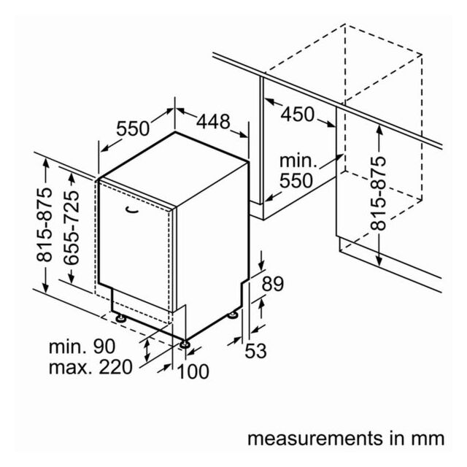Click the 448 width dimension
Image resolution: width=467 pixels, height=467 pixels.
coord(213,122)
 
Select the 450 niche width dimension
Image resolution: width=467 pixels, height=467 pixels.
coord(297,115)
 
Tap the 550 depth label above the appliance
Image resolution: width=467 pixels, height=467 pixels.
coord(133,128)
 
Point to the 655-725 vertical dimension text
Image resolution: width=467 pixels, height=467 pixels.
coord(72,228)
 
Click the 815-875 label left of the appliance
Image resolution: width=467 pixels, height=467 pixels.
coord(45,225)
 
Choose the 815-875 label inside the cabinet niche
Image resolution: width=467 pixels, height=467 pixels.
coord(378,193)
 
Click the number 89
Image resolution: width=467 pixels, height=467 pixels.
coord(272,284)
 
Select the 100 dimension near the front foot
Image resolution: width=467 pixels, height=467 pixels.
coord(193,371)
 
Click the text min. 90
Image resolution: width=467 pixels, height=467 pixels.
coord(82,347)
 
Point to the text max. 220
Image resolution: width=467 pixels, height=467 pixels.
coord(90,367)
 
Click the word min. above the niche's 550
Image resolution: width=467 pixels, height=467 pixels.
coord(298,161)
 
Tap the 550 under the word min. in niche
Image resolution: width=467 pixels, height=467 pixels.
coord(296,180)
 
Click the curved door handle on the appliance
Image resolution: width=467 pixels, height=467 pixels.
coord(132,210)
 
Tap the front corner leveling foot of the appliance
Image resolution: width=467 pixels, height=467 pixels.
coord(185,344)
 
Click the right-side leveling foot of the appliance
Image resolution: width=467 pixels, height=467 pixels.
coord(232,314)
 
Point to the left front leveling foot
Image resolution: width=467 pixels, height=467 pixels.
coord(121,318)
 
